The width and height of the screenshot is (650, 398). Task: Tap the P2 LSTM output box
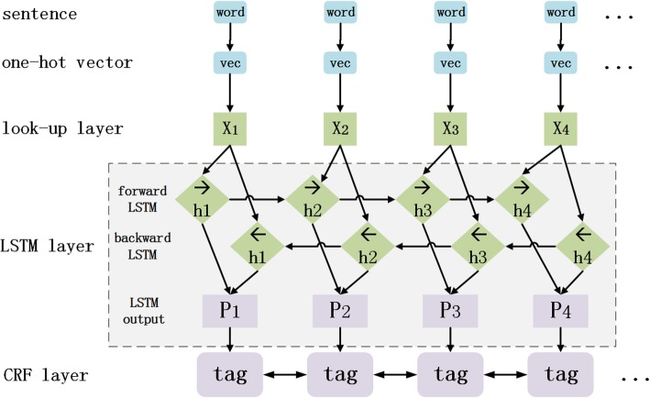[x=340, y=309]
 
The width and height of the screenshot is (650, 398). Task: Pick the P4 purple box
[x=560, y=309]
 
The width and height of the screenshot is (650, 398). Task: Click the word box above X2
[x=340, y=14]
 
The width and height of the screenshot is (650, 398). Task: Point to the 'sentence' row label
[x=40, y=14]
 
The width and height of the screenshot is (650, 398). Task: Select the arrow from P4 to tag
[x=560, y=339]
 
